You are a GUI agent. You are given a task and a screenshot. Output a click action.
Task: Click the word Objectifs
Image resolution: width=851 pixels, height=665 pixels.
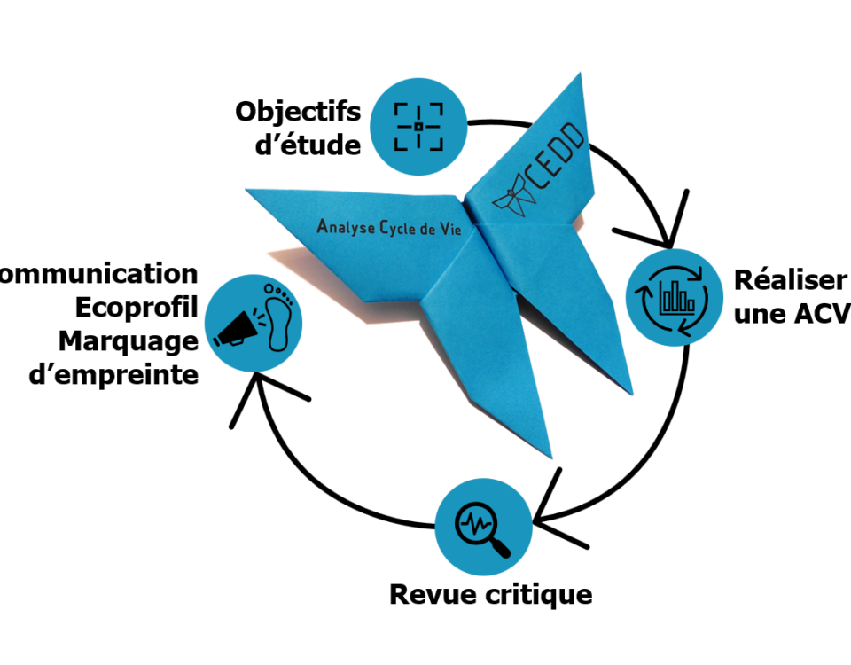[298, 113]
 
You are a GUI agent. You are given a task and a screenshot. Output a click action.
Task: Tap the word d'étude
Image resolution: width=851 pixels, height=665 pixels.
[308, 145]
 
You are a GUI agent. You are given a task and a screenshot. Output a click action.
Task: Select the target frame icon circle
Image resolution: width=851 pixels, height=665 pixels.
[418, 127]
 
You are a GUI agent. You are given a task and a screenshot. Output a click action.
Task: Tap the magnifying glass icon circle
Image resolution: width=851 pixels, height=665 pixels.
[483, 525]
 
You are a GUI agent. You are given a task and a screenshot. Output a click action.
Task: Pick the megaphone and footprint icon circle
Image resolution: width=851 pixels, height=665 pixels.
[254, 322]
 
